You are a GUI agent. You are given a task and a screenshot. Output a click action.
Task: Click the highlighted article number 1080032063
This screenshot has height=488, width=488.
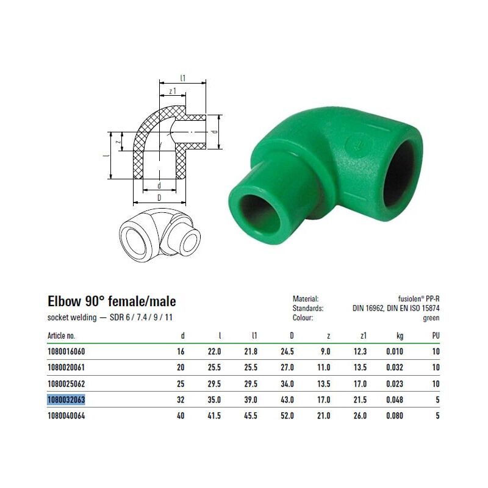pyautogui.click(x=66, y=400)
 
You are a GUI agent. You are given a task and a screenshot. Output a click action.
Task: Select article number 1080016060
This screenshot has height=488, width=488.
pyautogui.click(x=66, y=351)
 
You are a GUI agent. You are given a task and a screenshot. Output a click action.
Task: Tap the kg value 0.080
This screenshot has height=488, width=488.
pyautogui.click(x=394, y=415)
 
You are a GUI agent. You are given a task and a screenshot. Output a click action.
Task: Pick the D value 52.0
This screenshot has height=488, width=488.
pyautogui.click(x=287, y=415)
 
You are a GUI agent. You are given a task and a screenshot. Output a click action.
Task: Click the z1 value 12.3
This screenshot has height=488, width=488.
pyautogui.click(x=360, y=351)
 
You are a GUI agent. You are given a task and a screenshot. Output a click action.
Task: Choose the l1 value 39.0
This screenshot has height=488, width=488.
pyautogui.click(x=251, y=400)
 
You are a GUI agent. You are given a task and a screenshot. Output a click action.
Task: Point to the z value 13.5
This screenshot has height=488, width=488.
pyautogui.click(x=323, y=384)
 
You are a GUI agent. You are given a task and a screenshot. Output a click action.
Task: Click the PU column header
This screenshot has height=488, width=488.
pyautogui.click(x=436, y=335)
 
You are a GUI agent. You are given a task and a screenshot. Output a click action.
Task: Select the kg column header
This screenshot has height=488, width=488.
pyautogui.click(x=400, y=336)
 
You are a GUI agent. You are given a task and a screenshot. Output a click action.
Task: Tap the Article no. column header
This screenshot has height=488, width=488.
pyautogui.click(x=61, y=335)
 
